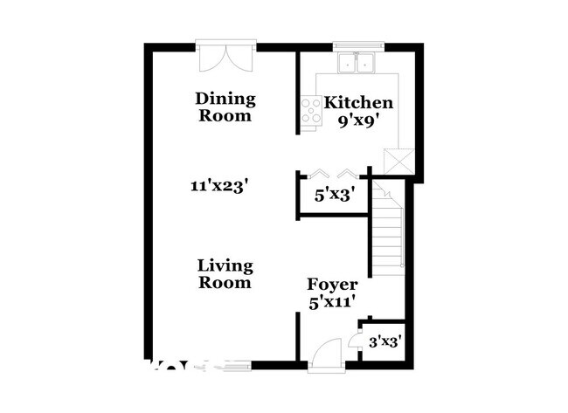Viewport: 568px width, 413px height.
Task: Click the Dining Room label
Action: click(x=225, y=107)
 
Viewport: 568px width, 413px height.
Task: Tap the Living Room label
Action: click(x=225, y=273)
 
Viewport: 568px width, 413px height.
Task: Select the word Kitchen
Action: click(x=359, y=102)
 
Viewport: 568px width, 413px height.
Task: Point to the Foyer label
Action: click(x=332, y=286)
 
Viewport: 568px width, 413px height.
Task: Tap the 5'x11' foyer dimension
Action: click(x=333, y=304)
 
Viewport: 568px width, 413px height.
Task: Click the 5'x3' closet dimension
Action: click(x=333, y=196)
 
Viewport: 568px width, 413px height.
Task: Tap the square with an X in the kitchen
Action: click(x=398, y=162)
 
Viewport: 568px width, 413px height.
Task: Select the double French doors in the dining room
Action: click(x=225, y=57)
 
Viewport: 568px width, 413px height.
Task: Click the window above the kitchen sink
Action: click(x=358, y=43)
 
